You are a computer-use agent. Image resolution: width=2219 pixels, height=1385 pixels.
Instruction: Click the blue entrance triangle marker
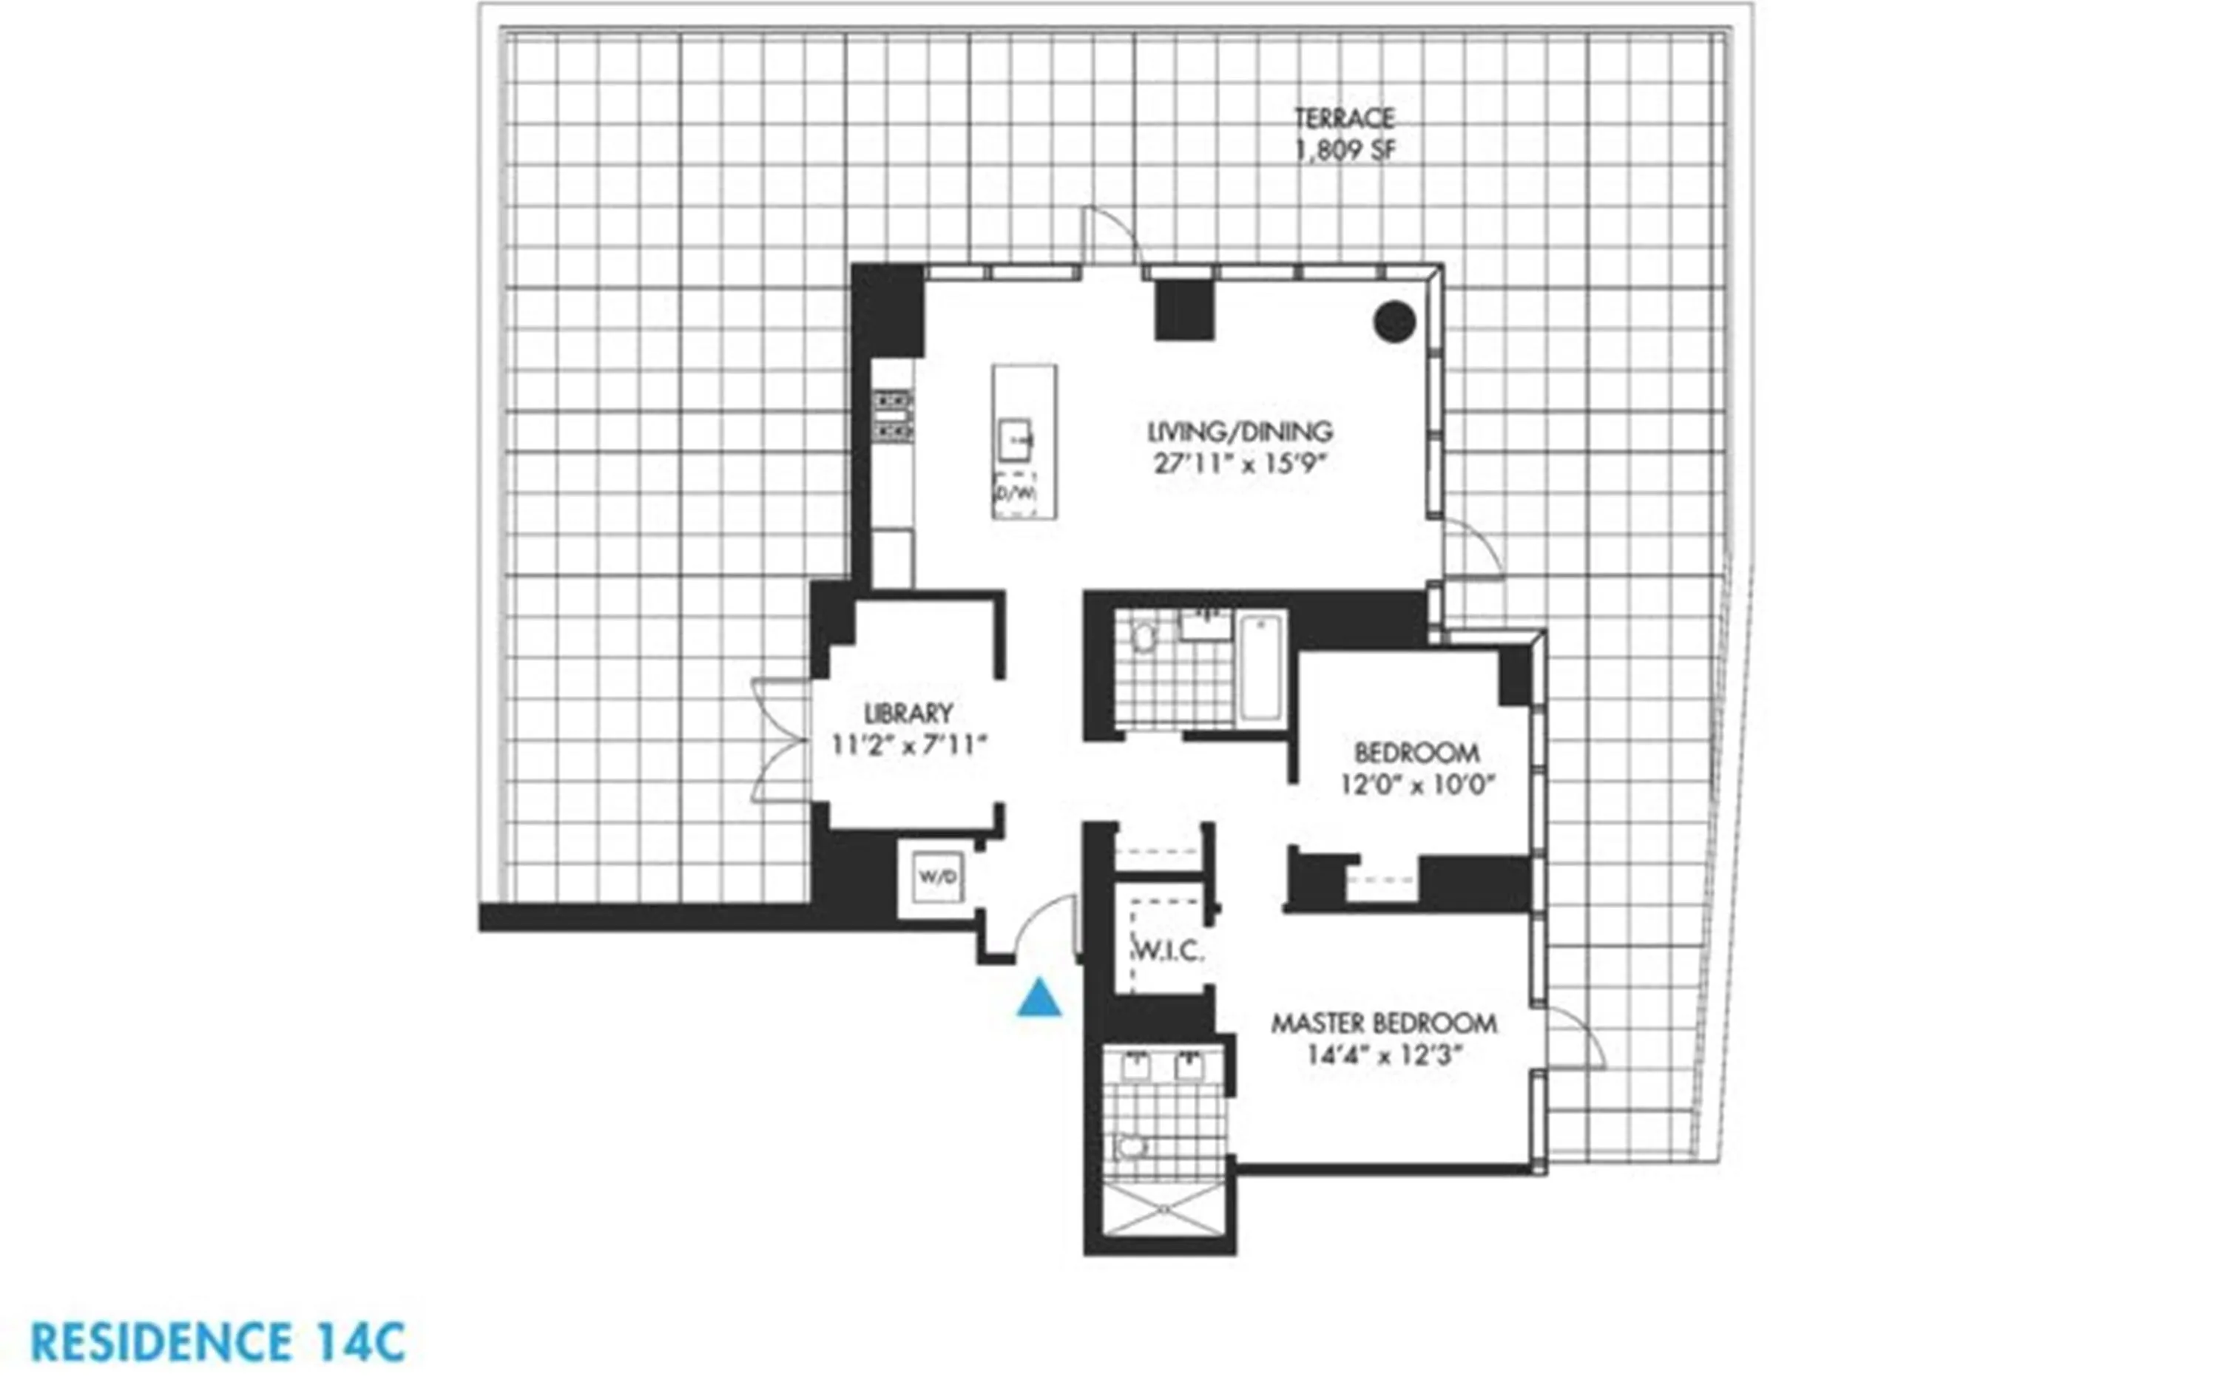1039,999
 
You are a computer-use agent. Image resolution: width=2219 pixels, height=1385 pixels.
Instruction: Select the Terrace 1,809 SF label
1344,134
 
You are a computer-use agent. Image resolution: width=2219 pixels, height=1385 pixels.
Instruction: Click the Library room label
908,729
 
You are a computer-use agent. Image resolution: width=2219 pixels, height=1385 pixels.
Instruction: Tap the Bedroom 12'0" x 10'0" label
1416,768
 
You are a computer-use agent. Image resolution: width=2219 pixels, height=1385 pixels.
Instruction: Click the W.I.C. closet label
1168,952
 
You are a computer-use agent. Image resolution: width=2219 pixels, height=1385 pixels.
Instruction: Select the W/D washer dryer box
937,876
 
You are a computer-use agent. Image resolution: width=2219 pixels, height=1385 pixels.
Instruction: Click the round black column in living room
1394,322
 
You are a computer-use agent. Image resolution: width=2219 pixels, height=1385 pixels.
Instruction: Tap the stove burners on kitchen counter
891,415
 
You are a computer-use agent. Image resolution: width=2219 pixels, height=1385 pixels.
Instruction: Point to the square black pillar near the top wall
1183,308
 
